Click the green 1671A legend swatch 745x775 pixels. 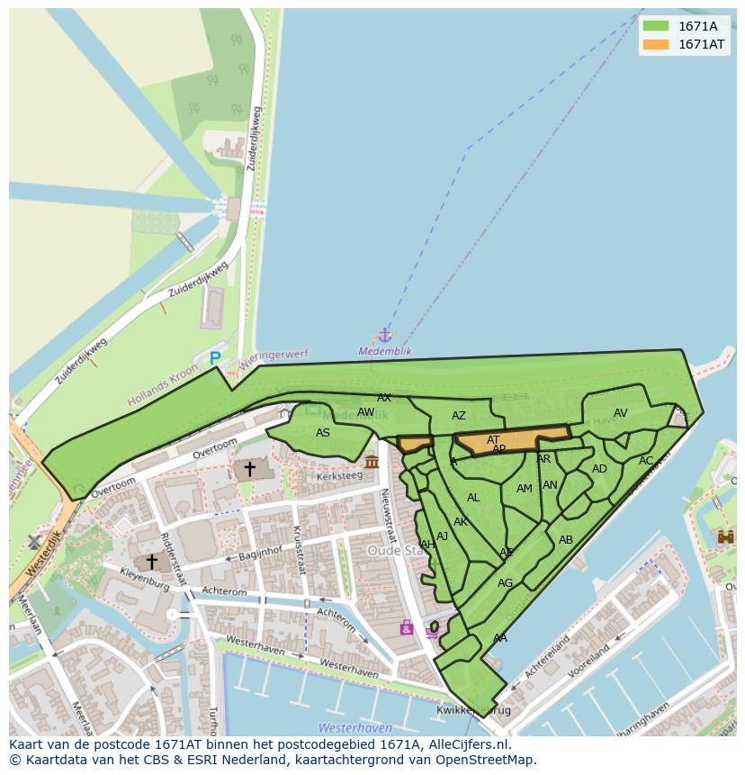tap(656, 26)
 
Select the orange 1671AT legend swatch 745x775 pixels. tap(656, 44)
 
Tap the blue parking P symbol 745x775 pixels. tap(215, 358)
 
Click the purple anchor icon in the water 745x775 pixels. tap(385, 336)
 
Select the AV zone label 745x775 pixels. tap(620, 413)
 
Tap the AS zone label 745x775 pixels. tap(323, 433)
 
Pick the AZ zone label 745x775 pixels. tap(459, 416)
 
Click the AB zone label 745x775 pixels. tap(566, 540)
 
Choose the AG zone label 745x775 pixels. tap(505, 583)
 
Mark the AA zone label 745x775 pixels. tap(500, 638)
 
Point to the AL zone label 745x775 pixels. tap(473, 498)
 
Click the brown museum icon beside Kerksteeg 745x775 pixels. tap(372, 462)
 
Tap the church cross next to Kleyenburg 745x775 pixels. tap(152, 562)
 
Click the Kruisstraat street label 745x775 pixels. tap(299, 550)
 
